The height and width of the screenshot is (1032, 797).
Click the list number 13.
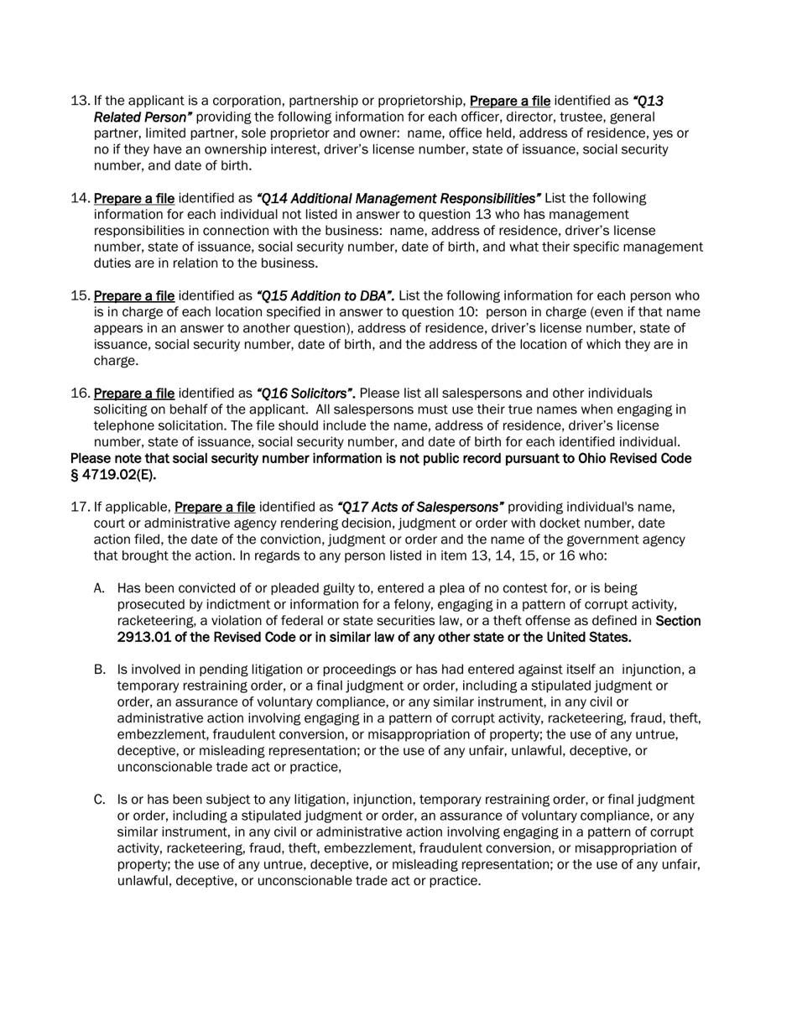[x=80, y=101]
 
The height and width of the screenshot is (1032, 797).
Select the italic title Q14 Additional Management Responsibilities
[x=398, y=199]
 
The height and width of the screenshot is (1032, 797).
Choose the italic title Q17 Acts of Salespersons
[x=420, y=508]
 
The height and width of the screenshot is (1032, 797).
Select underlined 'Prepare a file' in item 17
[x=215, y=508]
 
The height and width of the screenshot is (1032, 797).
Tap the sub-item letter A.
[x=99, y=589]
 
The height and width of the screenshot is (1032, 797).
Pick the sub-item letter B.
[x=99, y=670]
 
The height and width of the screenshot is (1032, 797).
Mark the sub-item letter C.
[x=99, y=800]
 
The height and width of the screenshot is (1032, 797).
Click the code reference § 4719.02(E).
[x=113, y=475]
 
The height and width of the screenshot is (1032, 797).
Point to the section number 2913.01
[x=145, y=638]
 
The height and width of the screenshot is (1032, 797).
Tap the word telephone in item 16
[x=125, y=426]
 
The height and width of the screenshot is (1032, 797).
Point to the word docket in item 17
[x=549, y=524]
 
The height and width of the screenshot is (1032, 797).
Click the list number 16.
[x=80, y=394]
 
